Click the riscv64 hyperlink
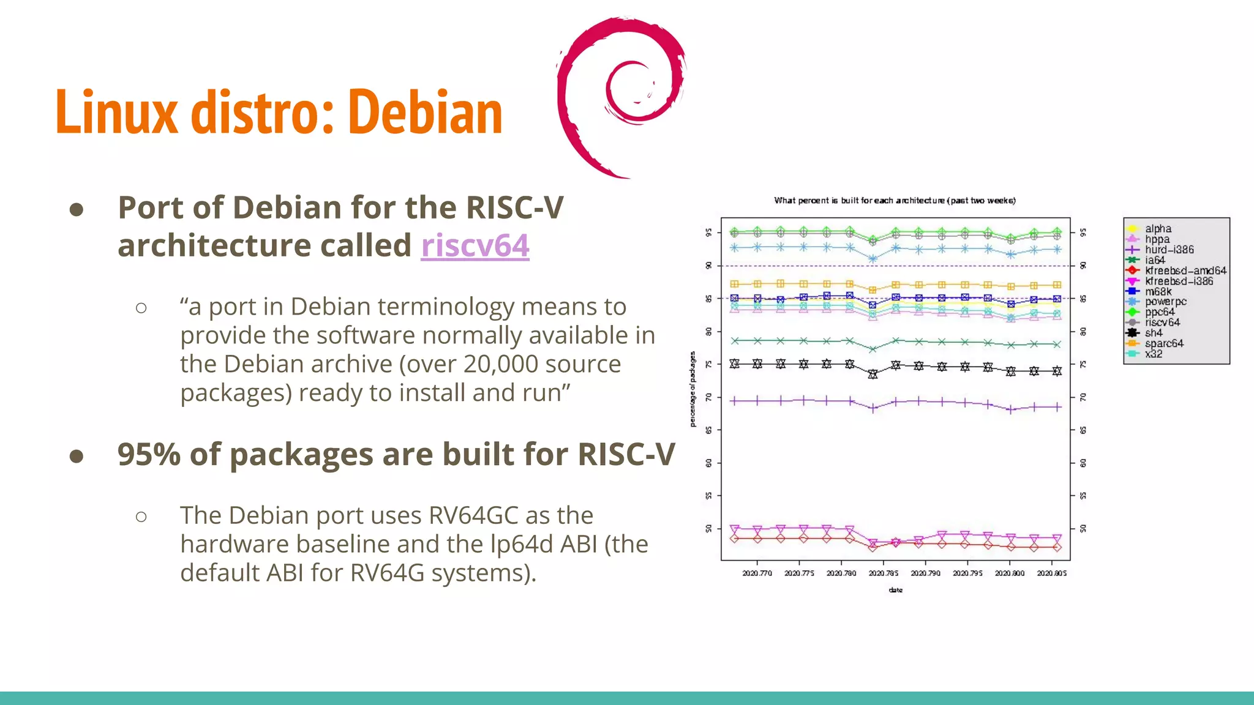click(x=475, y=246)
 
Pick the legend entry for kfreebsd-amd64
click(x=1185, y=270)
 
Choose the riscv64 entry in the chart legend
click(x=1162, y=323)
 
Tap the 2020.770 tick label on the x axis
click(x=757, y=573)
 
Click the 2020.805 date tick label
click(x=1051, y=573)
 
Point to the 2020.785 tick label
click(x=883, y=573)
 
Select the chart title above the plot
click(x=895, y=201)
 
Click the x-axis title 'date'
click(x=895, y=590)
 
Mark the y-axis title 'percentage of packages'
click(x=693, y=389)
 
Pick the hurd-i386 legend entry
click(x=1169, y=250)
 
